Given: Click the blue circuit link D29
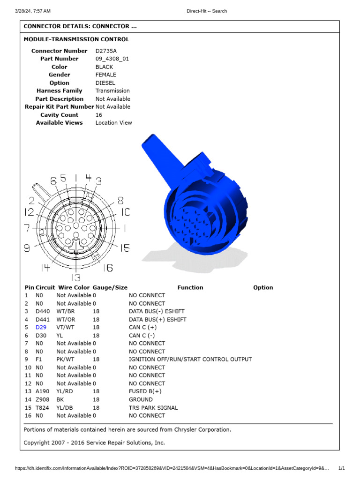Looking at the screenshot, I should point(41,327).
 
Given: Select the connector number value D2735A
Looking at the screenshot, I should point(107,51).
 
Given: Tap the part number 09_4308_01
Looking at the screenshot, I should point(112,59).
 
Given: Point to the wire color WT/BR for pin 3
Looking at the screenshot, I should point(66,311).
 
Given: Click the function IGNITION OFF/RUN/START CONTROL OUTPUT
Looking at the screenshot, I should point(190,359).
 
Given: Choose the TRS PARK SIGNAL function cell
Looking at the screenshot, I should point(153,407).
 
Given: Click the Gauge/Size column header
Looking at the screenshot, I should point(110,287).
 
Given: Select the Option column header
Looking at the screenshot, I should point(263,287).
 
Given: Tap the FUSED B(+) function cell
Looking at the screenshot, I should point(145,391).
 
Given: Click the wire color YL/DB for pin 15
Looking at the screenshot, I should point(66,407).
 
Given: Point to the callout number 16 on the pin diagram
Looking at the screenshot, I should point(108,268).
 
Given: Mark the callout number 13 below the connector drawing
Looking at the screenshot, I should point(75,277).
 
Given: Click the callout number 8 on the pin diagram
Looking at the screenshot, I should point(120,201).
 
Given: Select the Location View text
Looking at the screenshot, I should point(113,123).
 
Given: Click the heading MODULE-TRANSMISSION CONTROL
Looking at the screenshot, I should point(76,39).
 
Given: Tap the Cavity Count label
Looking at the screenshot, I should point(59,115).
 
